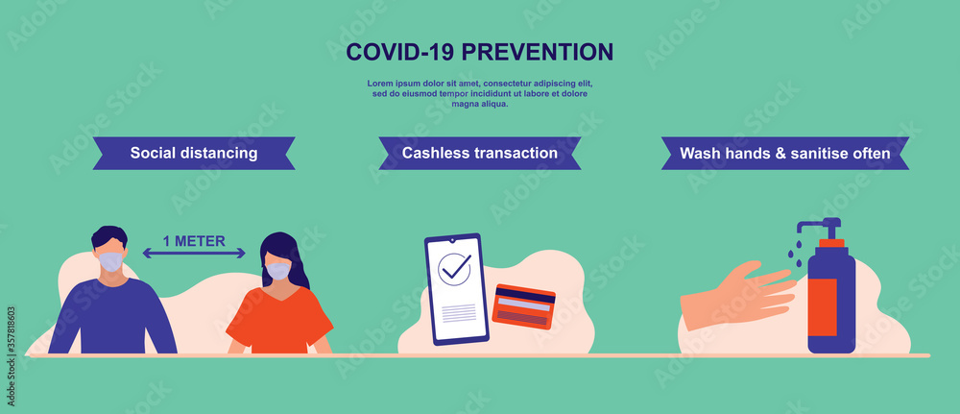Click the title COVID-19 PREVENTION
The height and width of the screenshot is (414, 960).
tap(479, 51)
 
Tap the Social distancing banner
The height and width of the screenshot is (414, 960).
tap(193, 153)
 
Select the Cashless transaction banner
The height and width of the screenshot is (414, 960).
tap(479, 153)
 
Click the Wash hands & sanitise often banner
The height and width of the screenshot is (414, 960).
tap(784, 153)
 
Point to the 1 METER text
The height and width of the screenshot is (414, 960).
tap(194, 241)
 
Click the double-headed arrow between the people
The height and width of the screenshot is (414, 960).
tap(194, 255)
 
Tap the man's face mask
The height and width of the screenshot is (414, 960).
tap(111, 261)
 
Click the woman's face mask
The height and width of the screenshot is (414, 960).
tap(277, 271)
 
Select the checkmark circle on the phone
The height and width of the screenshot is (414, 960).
tap(454, 269)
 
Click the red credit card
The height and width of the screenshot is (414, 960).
tap(523, 306)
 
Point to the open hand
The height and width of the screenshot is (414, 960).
tap(739, 294)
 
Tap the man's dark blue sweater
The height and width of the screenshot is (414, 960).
tap(112, 317)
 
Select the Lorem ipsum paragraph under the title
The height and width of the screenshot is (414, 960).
tap(479, 93)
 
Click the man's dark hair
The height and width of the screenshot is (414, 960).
tap(108, 236)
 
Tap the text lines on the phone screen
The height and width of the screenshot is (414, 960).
tap(458, 311)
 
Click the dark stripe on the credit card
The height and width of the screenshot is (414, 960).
tap(524, 297)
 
